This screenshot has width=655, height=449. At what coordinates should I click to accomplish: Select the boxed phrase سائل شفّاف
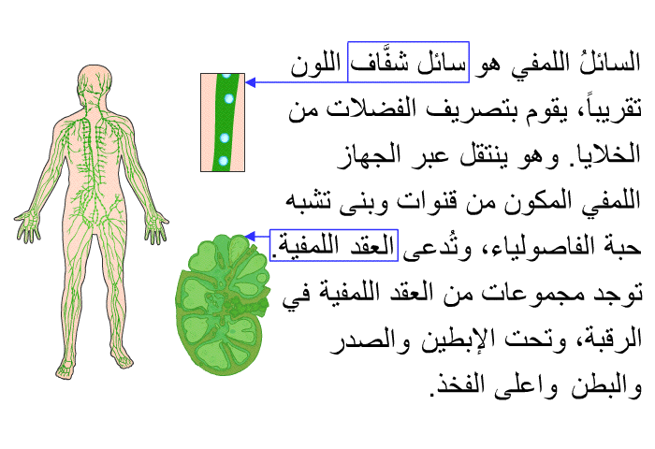point(408,63)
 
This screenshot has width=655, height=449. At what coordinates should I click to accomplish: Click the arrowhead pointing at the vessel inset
point(251,82)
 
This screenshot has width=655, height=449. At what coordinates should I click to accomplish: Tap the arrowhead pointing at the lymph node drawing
point(250,237)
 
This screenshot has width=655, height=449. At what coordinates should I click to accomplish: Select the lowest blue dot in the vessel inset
point(224,160)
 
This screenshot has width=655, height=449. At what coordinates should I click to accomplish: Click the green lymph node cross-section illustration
point(223,304)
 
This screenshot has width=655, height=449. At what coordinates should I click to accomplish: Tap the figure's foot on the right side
point(124,358)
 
